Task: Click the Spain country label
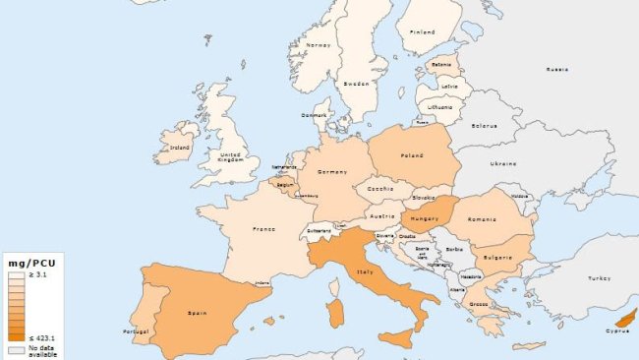tap(195, 314)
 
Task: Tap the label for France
tap(262, 228)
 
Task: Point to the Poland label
tap(412, 155)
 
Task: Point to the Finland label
tap(423, 31)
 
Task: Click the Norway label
tap(318, 44)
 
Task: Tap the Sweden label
tap(358, 85)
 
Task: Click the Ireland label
tap(180, 149)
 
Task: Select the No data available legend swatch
tap(15, 348)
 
